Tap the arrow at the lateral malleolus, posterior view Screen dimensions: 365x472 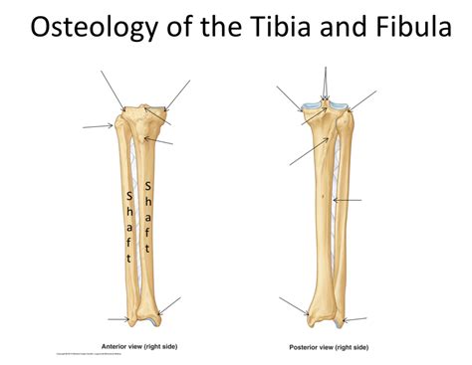pyautogui.click(x=354, y=320)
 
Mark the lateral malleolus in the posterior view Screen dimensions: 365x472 pyautogui.click(x=340, y=321)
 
